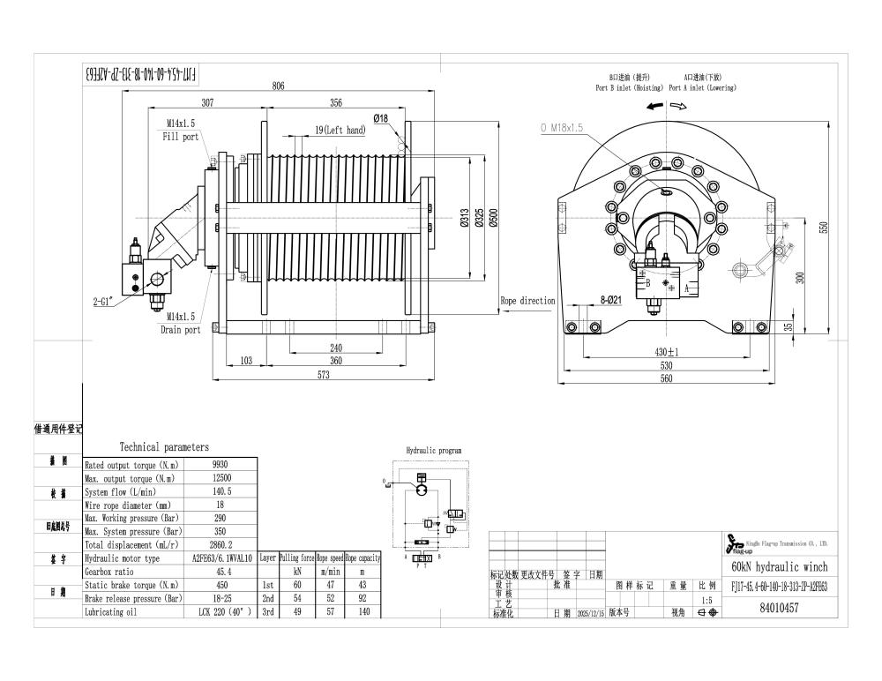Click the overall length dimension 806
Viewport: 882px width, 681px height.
tap(278, 86)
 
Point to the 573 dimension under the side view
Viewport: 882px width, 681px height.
tap(323, 375)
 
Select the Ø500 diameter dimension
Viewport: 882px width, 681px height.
tap(493, 218)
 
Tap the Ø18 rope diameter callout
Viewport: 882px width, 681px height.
tap(380, 117)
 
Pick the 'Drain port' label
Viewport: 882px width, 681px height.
tap(180, 330)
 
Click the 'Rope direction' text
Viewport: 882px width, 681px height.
tap(527, 301)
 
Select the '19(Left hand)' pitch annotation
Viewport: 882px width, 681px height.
tap(340, 131)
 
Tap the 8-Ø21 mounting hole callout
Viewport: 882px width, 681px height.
tap(611, 300)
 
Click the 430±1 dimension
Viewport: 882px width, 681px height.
tap(666, 351)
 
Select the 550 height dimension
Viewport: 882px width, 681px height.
tap(822, 228)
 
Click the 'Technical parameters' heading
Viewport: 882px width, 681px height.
tap(164, 447)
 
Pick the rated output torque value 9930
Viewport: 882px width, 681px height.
tap(221, 464)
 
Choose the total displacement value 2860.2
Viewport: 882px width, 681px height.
tap(221, 545)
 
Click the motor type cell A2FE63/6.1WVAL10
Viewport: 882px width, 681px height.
tap(221, 558)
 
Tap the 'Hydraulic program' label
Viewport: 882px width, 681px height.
tap(433, 450)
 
